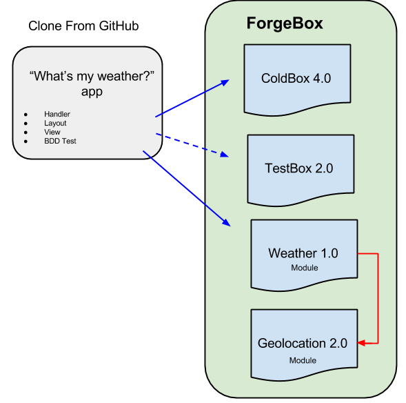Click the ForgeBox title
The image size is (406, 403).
[x=285, y=24]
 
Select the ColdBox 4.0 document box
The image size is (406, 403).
[x=296, y=79]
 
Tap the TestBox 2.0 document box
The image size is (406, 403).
[x=301, y=168]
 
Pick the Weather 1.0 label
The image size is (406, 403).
[x=303, y=253]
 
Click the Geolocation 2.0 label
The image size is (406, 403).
[x=303, y=343]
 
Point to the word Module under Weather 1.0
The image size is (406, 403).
[x=303, y=268]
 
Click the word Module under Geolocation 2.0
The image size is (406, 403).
[x=303, y=360]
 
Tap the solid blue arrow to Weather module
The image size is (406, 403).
[x=186, y=187]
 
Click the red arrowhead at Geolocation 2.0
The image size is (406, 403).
[x=363, y=343]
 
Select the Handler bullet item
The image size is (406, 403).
[x=57, y=114]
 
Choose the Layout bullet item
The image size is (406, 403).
[x=55, y=123]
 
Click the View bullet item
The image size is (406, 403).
[x=52, y=132]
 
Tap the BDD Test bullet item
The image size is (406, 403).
[x=60, y=141]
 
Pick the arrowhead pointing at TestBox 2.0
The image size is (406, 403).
[x=224, y=155]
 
